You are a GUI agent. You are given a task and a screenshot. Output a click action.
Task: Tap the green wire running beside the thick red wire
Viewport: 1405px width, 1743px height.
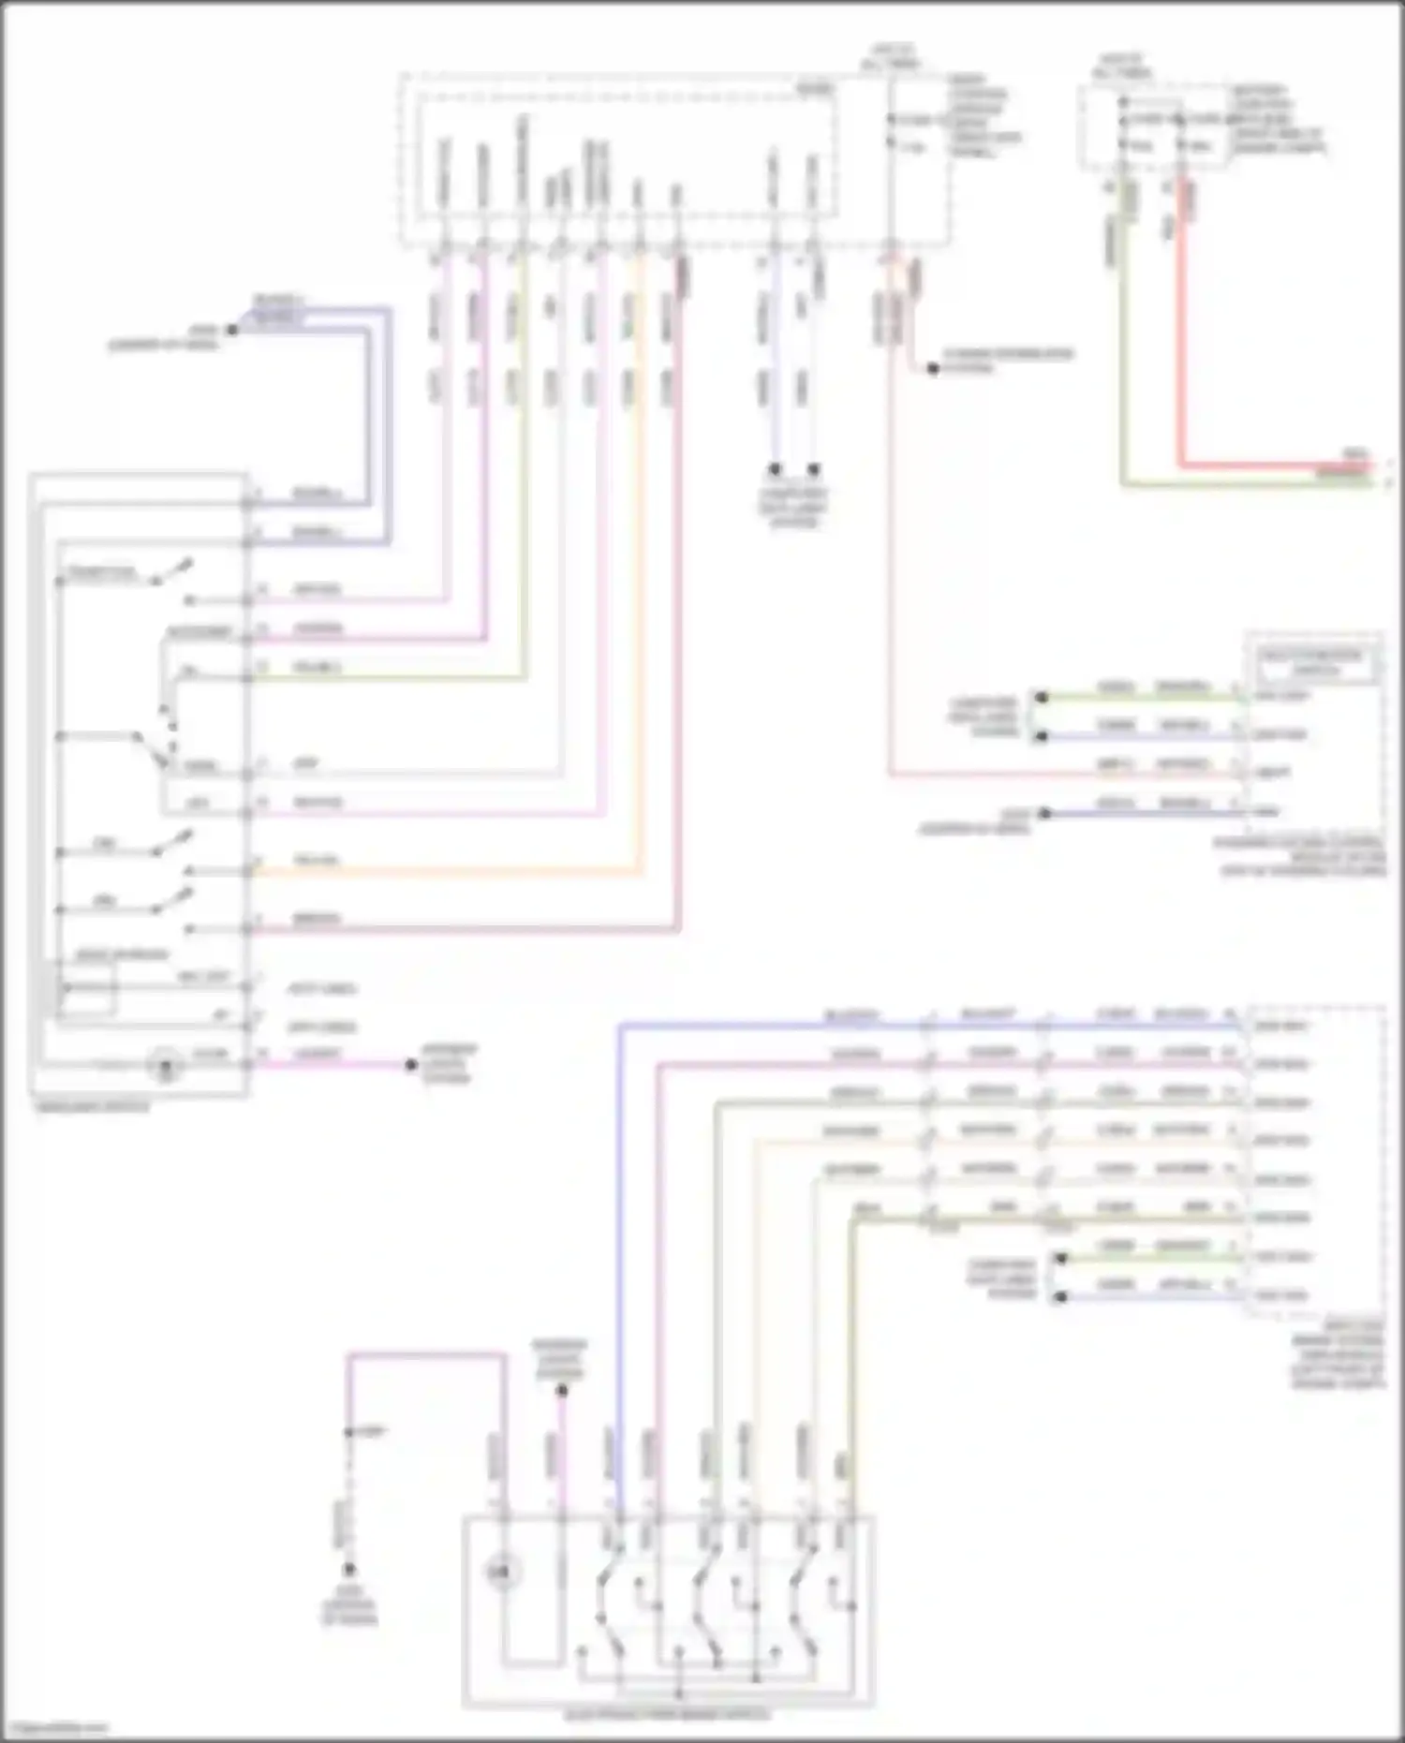click(x=1122, y=375)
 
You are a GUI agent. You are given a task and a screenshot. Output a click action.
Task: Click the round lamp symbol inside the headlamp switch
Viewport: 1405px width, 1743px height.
click(x=167, y=1066)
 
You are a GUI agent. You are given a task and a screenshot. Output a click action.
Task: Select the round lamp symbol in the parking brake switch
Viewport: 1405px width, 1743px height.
click(x=503, y=1574)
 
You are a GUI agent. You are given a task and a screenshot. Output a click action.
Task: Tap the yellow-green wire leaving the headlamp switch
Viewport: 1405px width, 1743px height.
click(x=393, y=678)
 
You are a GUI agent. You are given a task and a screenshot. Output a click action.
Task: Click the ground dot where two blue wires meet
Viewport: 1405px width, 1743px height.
click(x=231, y=330)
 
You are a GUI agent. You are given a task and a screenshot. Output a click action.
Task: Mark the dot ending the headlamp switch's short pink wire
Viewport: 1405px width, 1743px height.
click(x=410, y=1065)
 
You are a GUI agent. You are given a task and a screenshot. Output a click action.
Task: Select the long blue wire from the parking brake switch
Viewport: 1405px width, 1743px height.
click(x=619, y=1218)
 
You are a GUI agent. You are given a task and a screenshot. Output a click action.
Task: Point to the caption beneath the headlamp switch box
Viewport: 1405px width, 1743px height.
click(x=92, y=1106)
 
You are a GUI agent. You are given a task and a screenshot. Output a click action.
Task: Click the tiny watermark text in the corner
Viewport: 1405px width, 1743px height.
click(x=54, y=1729)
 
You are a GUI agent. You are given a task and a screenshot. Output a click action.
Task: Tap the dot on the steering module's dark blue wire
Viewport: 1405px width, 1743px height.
click(x=1045, y=813)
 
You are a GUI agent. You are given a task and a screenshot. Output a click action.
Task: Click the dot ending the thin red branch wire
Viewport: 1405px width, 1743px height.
click(x=933, y=369)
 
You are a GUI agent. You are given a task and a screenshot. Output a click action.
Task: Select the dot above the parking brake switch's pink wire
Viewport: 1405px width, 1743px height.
click(x=562, y=1391)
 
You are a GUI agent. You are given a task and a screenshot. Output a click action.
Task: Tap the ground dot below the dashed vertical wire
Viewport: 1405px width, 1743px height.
click(x=349, y=1569)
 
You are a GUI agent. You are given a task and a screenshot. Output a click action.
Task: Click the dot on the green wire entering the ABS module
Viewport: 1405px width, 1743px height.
click(x=1060, y=1259)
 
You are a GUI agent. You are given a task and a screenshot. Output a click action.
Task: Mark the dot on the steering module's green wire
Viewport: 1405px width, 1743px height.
click(x=1040, y=698)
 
